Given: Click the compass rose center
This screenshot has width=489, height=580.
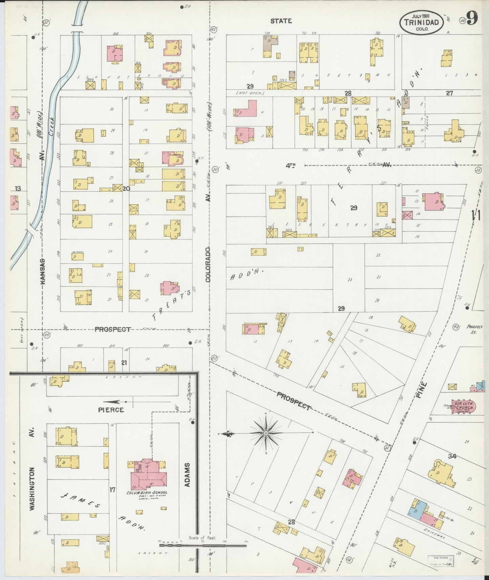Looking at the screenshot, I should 266,433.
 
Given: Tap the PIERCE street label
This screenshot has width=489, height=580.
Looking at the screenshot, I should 111,410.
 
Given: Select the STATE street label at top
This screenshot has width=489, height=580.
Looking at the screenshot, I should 281,21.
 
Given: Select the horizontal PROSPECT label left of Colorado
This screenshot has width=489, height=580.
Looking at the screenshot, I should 112,329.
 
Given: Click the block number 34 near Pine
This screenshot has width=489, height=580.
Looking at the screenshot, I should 452,456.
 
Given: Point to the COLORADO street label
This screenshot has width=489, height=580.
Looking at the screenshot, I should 208,264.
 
